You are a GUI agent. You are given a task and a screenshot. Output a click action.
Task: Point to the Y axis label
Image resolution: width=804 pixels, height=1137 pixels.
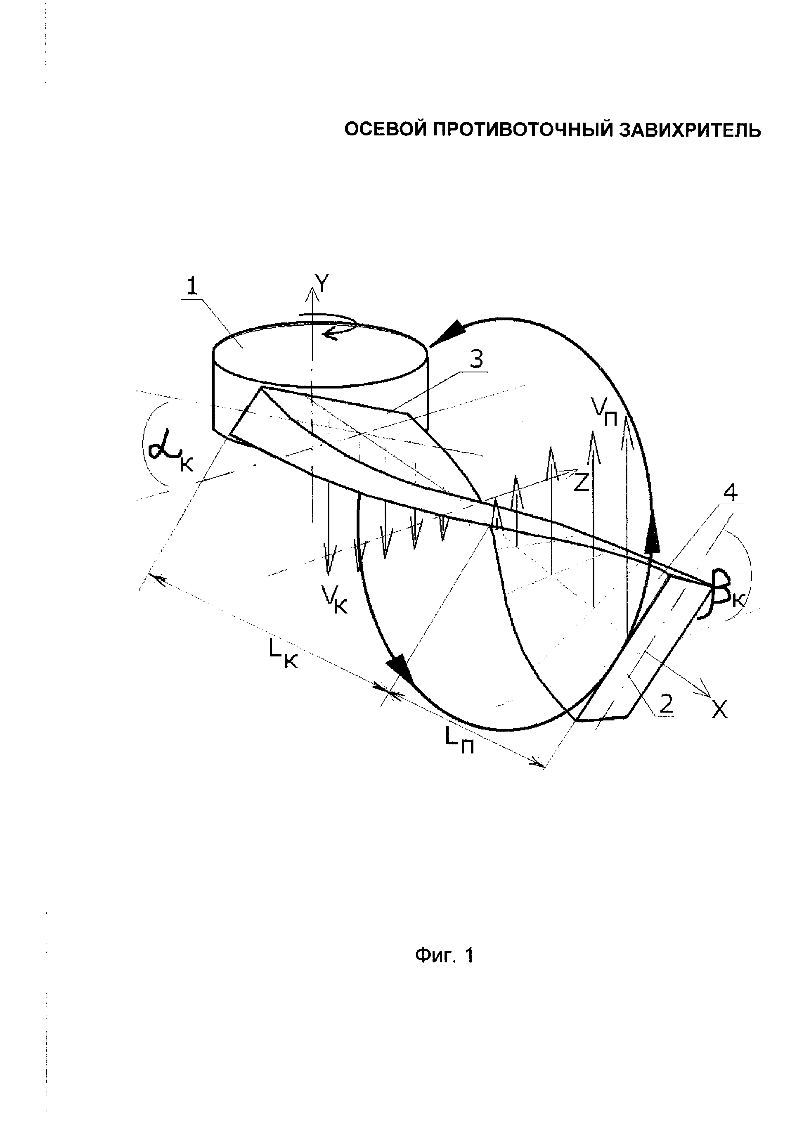point(322,284)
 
